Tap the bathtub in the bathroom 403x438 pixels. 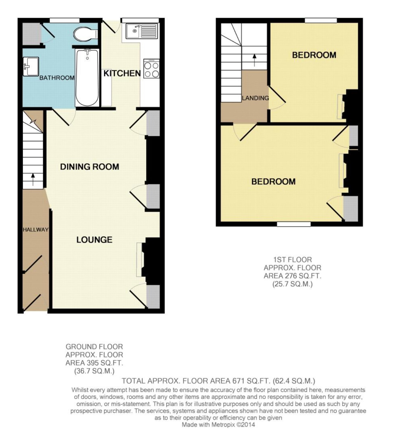[x=87, y=78]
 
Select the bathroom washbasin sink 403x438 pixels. [x=31, y=66]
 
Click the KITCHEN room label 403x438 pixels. [x=122, y=73]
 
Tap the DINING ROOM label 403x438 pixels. [x=89, y=167]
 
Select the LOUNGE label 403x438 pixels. [x=94, y=240]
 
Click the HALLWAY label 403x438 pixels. [x=35, y=230]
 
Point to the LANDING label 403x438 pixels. [x=255, y=98]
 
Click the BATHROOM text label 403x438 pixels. [x=57, y=78]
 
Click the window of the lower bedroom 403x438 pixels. [x=294, y=224]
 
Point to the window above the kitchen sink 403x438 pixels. [x=140, y=20]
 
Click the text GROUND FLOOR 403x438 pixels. [x=94, y=346]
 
